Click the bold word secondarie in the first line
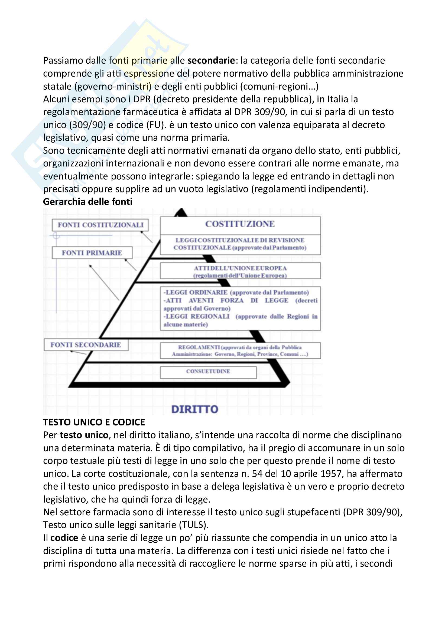click(x=211, y=60)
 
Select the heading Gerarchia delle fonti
click(x=88, y=202)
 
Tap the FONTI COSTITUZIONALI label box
click(x=100, y=225)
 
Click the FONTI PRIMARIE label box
click(x=92, y=253)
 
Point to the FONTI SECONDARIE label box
click(x=86, y=345)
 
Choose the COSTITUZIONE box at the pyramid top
click(x=240, y=224)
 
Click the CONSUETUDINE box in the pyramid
click(x=208, y=371)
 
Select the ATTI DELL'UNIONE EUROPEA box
click(x=240, y=271)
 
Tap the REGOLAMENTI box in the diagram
click(x=240, y=351)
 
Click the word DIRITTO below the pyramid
click(x=195, y=409)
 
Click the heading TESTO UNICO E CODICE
click(x=94, y=422)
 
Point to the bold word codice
click(x=64, y=538)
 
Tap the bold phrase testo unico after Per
click(x=84, y=435)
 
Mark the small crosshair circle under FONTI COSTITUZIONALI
click(x=56, y=235)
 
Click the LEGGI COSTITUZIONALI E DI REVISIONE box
click(x=240, y=244)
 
